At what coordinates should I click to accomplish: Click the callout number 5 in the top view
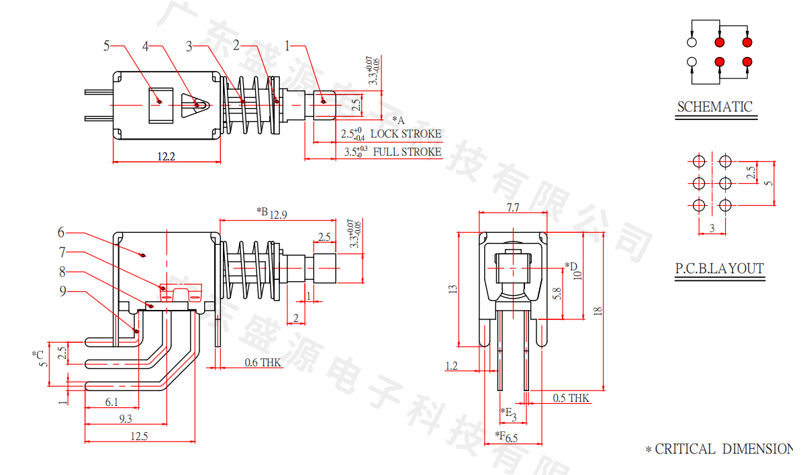coord(106,46)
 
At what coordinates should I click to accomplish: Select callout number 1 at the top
coord(287,46)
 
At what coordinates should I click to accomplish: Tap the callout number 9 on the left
coord(62,291)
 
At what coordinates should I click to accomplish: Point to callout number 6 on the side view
coord(61,232)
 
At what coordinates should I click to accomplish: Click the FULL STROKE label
coord(407,152)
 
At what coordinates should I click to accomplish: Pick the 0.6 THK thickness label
coord(263,362)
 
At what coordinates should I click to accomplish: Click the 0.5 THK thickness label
coord(571,399)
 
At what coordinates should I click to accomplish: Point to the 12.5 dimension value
coord(139,436)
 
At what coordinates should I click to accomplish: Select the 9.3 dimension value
coord(125,419)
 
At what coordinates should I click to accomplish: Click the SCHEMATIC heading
coord(714,107)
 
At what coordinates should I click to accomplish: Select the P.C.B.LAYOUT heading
coord(719,269)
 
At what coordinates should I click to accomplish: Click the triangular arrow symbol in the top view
coord(194,105)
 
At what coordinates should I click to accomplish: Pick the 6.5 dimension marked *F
coord(512,438)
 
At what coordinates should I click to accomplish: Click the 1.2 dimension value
coord(451,366)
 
